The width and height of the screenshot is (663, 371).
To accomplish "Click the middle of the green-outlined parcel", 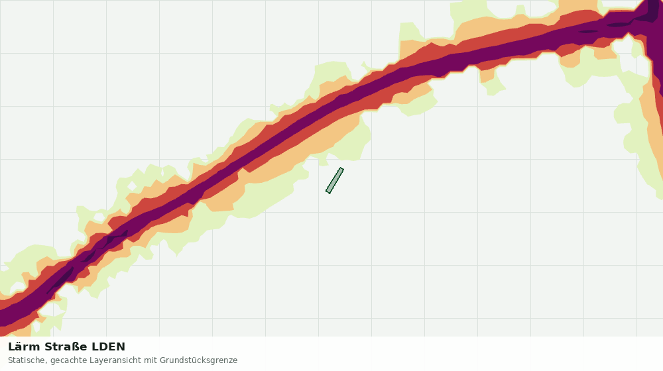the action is (334, 181).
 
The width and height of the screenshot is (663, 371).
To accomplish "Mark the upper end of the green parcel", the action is (341, 169).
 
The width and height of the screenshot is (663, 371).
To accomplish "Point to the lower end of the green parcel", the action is (328, 192).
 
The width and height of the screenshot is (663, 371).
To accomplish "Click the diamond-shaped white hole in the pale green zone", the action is (132, 186).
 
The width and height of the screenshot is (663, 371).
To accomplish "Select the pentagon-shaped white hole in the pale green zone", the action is (99, 217).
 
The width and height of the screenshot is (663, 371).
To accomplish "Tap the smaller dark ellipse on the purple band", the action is (588, 31).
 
